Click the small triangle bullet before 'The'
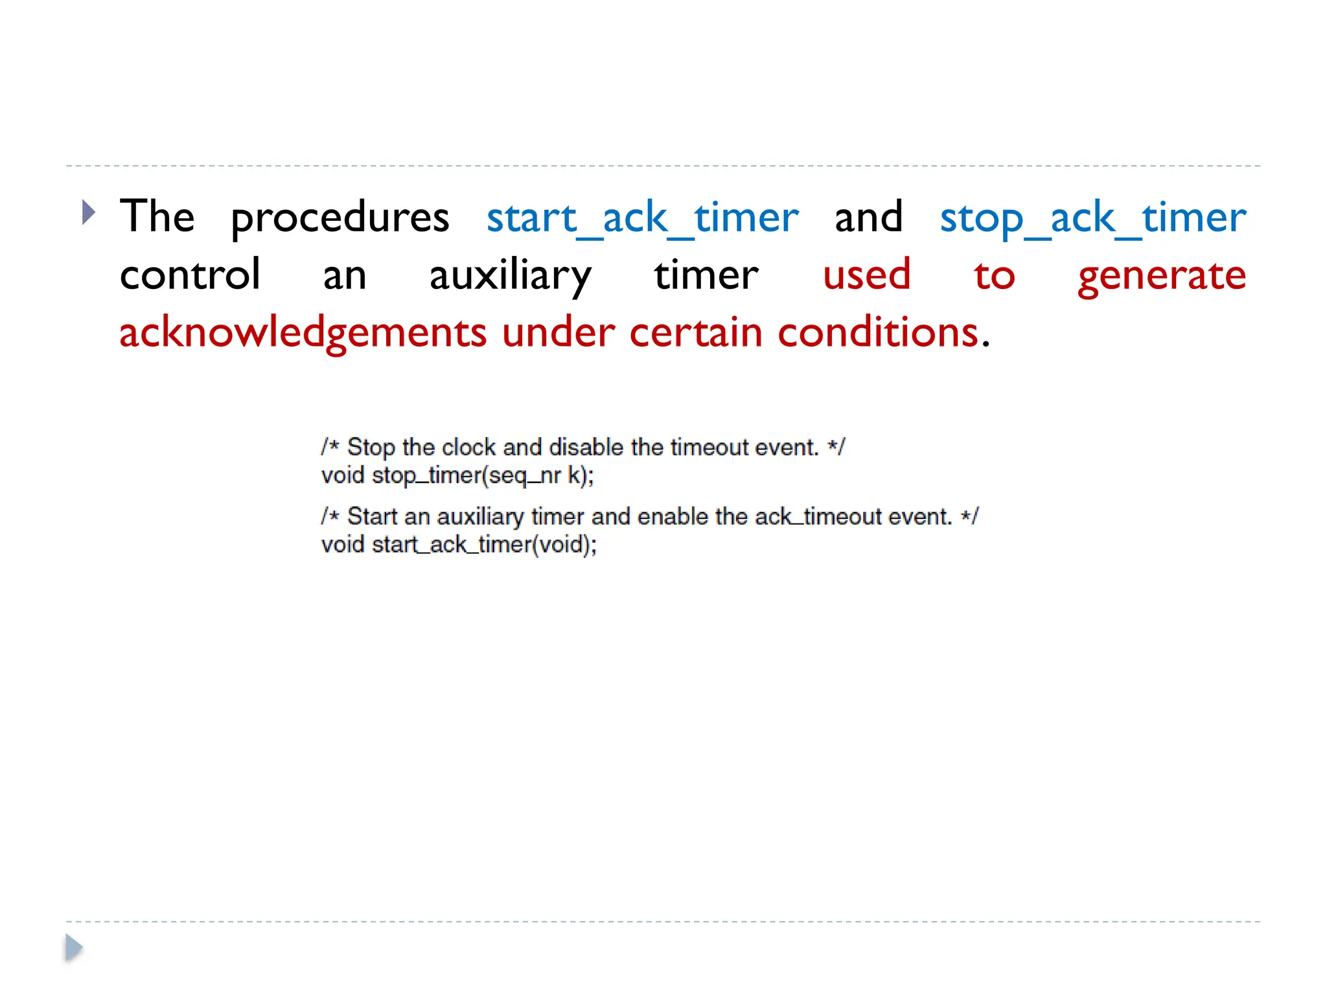pyautogui.click(x=89, y=212)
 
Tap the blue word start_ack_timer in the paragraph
pyautogui.click(x=642, y=218)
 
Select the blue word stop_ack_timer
pyautogui.click(x=1092, y=218)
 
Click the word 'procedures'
pyautogui.click(x=340, y=219)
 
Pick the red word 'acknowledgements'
pyautogui.click(x=303, y=333)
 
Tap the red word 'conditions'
pyautogui.click(x=877, y=332)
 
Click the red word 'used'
pyautogui.click(x=866, y=275)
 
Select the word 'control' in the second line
pyautogui.click(x=190, y=275)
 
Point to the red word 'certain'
pyautogui.click(x=695, y=332)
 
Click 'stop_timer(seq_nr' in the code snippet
pyautogui.click(x=466, y=476)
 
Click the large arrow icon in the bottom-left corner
pyautogui.click(x=73, y=948)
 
